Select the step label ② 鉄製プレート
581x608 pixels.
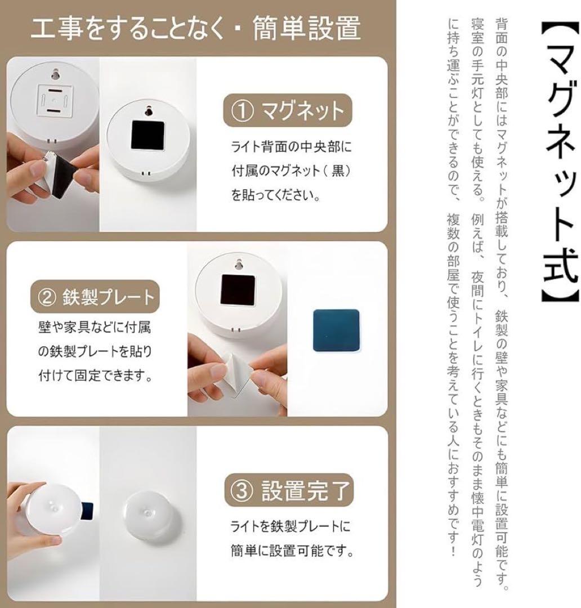point(92,296)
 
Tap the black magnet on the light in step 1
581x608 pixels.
point(147,136)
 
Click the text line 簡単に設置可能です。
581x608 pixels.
point(291,551)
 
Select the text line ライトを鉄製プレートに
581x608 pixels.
point(290,526)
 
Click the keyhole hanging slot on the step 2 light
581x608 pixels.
point(239,263)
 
